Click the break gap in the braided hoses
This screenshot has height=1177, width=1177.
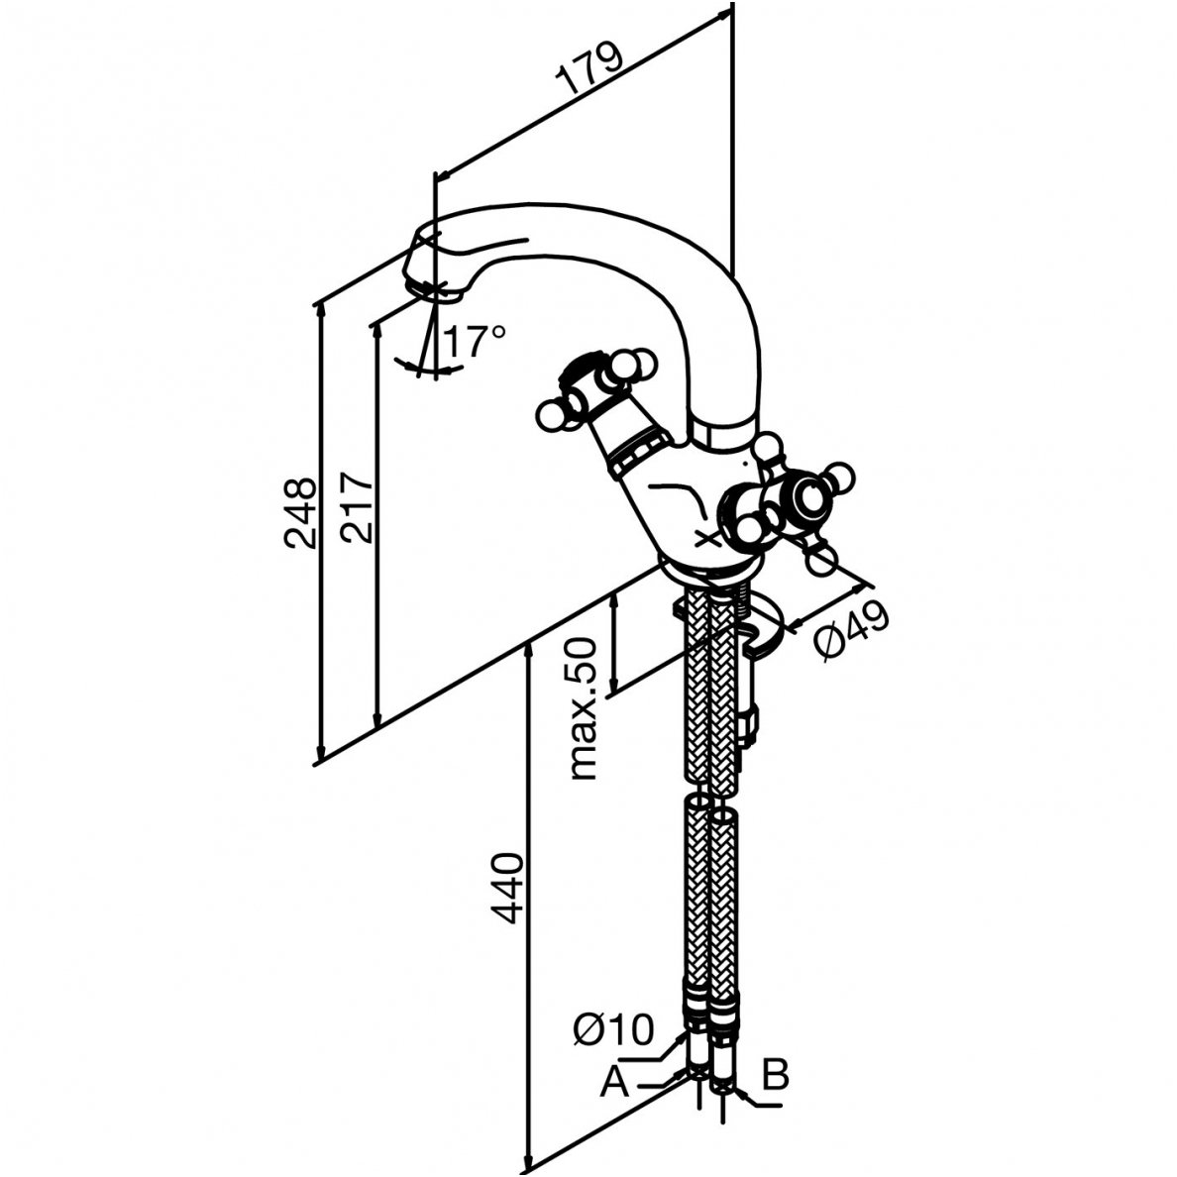715,801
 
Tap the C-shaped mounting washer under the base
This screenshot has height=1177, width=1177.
768,635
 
